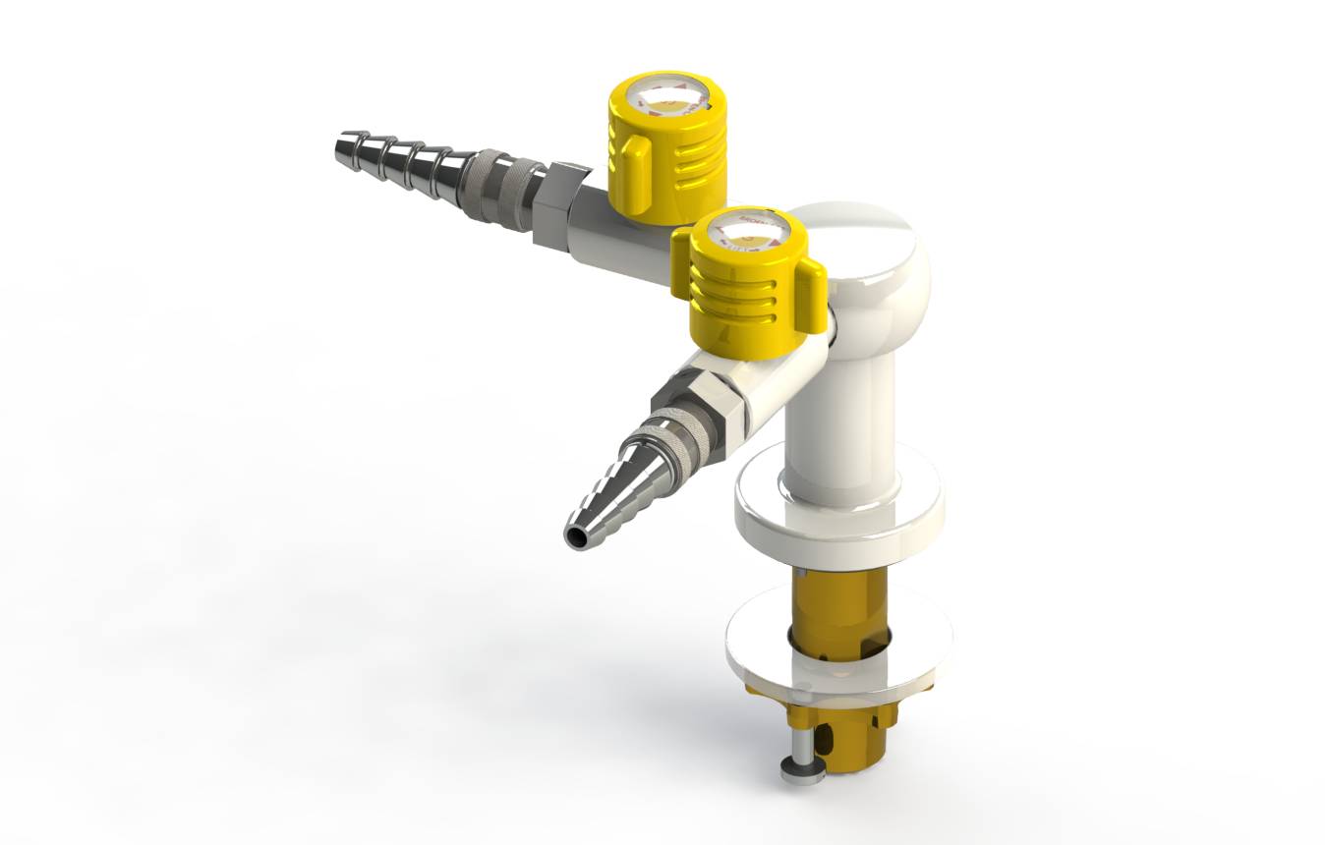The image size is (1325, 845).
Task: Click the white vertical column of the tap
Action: tap(840, 413)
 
